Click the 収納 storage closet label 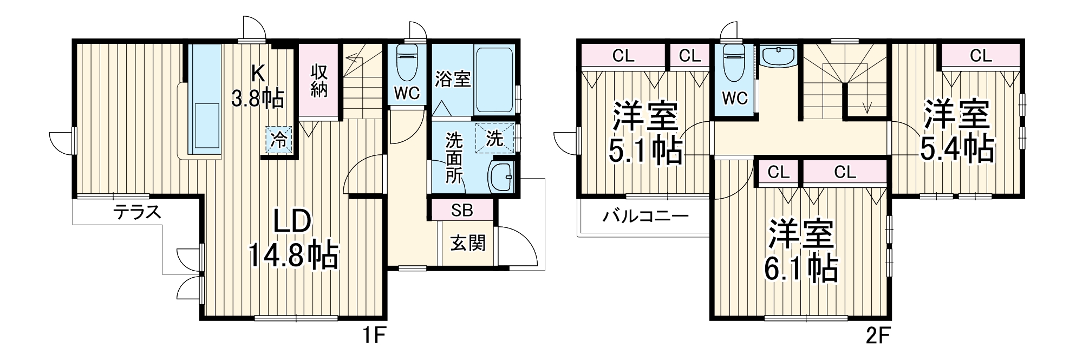click(319, 81)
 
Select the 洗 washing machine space click(494, 139)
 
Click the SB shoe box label click(462, 210)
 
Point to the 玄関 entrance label click(468, 243)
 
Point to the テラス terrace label click(138, 212)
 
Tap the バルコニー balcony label click(646, 217)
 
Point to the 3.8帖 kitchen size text click(258, 99)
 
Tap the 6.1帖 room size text click(803, 268)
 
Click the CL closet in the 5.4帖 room click(981, 55)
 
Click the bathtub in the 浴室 click(494, 80)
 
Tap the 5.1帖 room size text click(646, 152)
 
